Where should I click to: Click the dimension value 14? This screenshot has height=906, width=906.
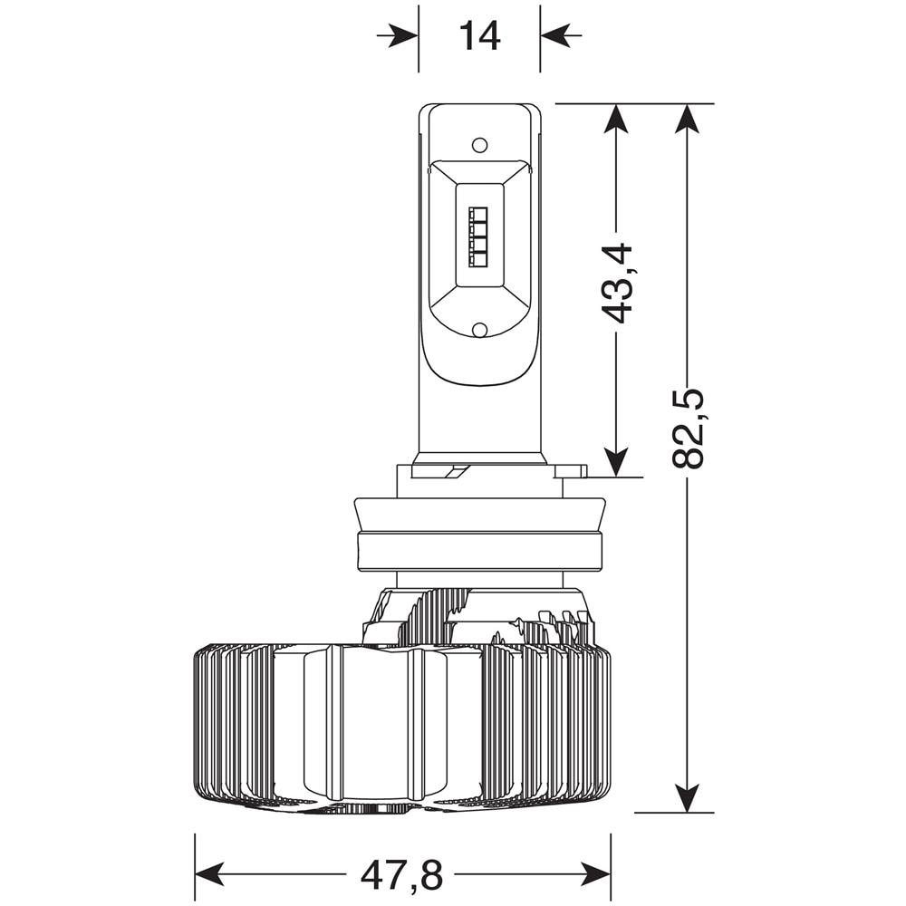[x=479, y=36]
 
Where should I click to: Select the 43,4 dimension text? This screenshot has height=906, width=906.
[x=616, y=282]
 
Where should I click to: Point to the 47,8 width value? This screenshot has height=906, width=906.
[x=401, y=876]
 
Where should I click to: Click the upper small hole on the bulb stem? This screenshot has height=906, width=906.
[x=480, y=144]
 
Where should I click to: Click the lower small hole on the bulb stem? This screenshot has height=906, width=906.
[x=480, y=330]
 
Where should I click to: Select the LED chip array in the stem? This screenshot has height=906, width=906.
[x=479, y=236]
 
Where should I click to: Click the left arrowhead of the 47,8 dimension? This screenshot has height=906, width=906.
[x=210, y=876]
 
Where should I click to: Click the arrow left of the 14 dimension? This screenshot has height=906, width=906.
[x=398, y=36]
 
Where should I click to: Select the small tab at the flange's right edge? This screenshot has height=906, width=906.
[x=573, y=470]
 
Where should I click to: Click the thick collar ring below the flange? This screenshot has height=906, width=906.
[x=479, y=551]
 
